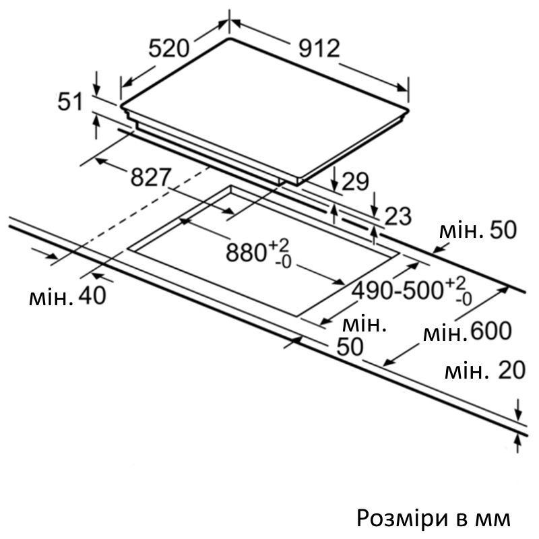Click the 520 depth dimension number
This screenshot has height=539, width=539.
click(169, 48)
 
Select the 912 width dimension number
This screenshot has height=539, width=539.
click(319, 48)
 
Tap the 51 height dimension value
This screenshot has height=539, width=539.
click(70, 102)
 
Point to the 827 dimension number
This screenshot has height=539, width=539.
click(150, 177)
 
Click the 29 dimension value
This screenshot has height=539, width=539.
click(356, 181)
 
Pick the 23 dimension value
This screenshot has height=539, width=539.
click(398, 216)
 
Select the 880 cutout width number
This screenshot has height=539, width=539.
click(246, 253)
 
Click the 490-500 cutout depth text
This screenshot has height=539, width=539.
click(398, 290)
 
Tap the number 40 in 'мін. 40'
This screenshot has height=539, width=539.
click(92, 295)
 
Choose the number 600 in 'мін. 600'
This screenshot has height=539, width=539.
click(491, 331)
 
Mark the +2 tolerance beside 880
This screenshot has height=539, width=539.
click(279, 245)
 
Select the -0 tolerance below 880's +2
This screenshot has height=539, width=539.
click(283, 263)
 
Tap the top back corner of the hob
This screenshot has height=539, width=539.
click(230, 38)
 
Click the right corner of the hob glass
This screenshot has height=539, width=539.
click(408, 110)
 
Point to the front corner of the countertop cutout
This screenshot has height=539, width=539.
click(296, 316)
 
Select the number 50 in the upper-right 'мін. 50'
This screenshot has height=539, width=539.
click(503, 230)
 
